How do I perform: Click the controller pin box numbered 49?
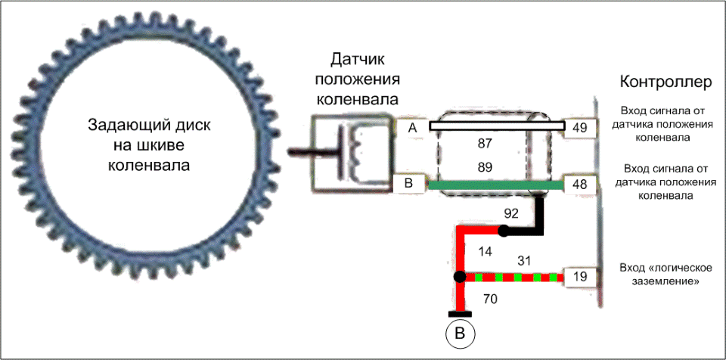coord(580,127)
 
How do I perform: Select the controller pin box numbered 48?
coord(580,184)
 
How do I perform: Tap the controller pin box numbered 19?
coord(580,277)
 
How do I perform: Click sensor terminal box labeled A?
coord(412,129)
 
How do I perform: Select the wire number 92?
coord(510,213)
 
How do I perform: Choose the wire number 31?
coord(523,261)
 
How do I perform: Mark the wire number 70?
coord(489,299)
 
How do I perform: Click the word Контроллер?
coord(661,81)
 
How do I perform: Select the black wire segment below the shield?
coord(540,216)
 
